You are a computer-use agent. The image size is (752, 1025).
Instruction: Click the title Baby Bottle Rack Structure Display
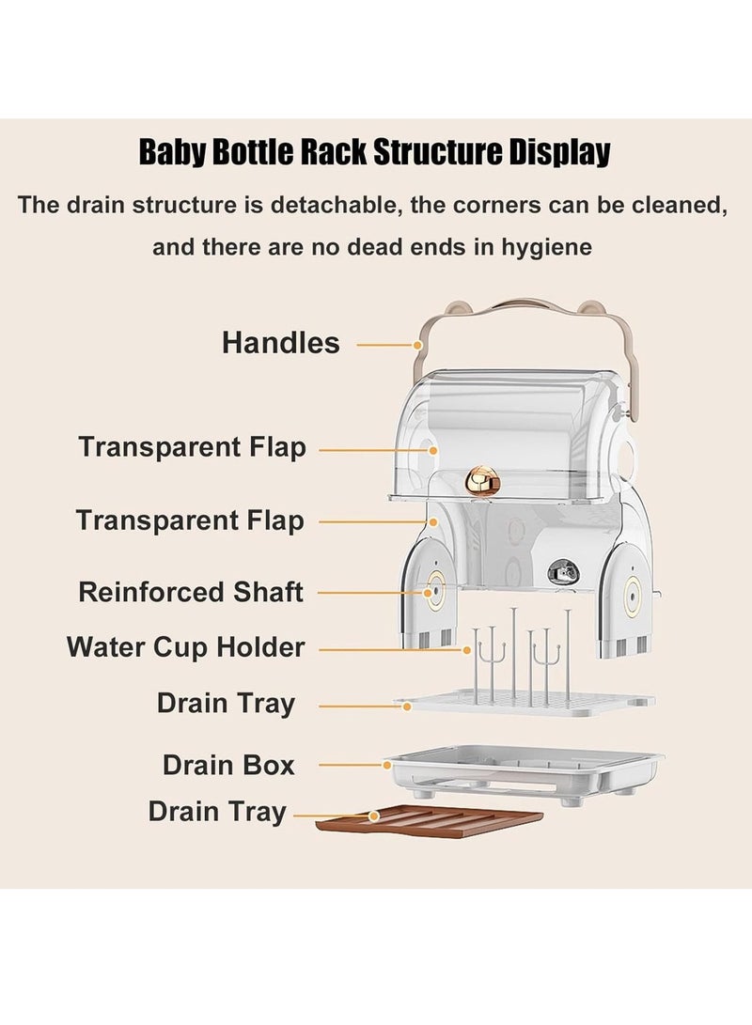pyautogui.click(x=375, y=151)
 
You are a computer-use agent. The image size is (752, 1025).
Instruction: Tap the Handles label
pyautogui.click(x=280, y=343)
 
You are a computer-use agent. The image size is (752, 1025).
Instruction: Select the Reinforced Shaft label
pyautogui.click(x=191, y=593)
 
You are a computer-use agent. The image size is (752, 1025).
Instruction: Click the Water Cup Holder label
pyautogui.click(x=185, y=647)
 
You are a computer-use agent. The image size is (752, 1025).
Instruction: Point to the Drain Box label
pyautogui.click(x=228, y=765)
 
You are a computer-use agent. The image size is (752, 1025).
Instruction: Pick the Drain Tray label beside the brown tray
pyautogui.click(x=217, y=812)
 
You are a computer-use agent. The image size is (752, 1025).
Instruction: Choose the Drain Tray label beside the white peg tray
pyautogui.click(x=226, y=703)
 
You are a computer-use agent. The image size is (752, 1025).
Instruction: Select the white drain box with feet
pyautogui.click(x=523, y=774)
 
